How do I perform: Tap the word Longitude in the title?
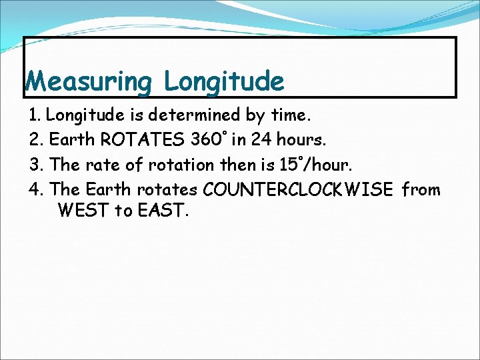pyautogui.click(x=224, y=82)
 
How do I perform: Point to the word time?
pyautogui.click(x=291, y=116)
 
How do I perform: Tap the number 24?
pyautogui.click(x=259, y=141)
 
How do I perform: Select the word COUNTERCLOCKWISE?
pyautogui.click(x=298, y=190)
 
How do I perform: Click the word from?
pyautogui.click(x=421, y=190)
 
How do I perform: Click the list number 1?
pyautogui.click(x=35, y=116)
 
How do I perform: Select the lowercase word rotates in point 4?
pyautogui.click(x=167, y=190)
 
